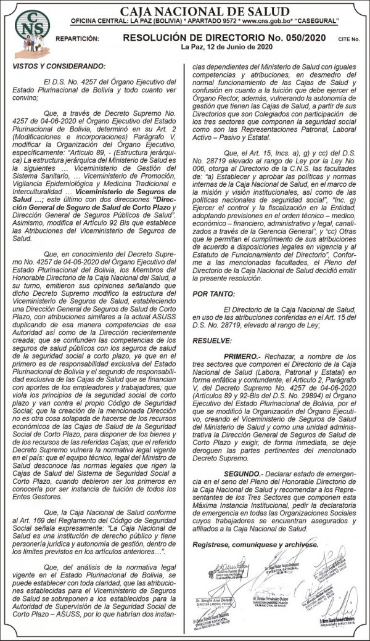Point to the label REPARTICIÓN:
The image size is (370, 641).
77,39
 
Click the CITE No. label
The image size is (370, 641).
349,39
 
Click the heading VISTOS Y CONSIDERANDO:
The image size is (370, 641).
59,66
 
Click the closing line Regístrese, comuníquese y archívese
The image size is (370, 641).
255,544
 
